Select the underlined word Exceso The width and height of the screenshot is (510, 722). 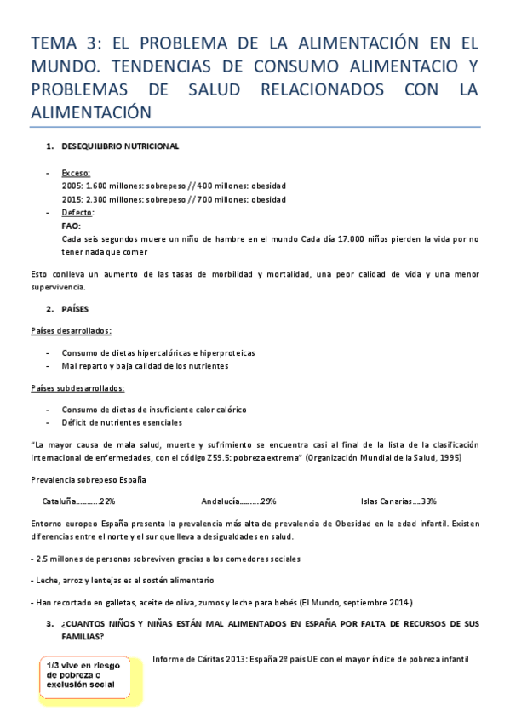tap(76, 173)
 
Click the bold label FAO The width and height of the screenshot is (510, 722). tap(72, 226)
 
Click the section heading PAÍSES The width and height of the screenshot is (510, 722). tap(76, 309)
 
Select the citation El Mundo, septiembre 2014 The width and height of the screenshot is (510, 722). tap(352, 602)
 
